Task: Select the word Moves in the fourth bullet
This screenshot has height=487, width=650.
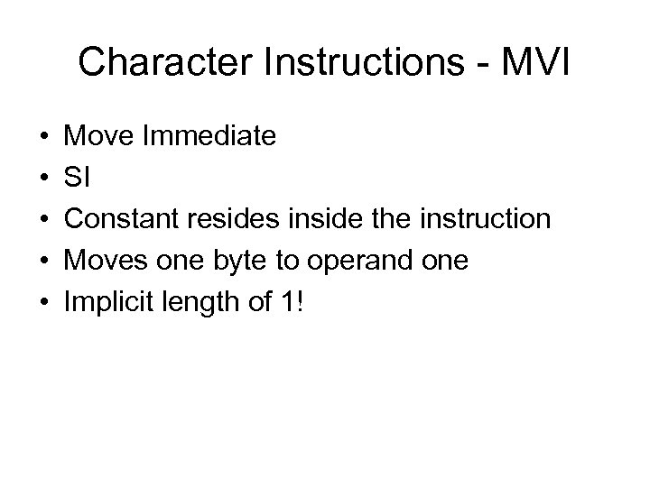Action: tap(102, 261)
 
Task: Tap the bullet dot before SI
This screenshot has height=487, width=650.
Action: tap(42, 179)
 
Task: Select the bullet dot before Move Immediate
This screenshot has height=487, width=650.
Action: tap(42, 137)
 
